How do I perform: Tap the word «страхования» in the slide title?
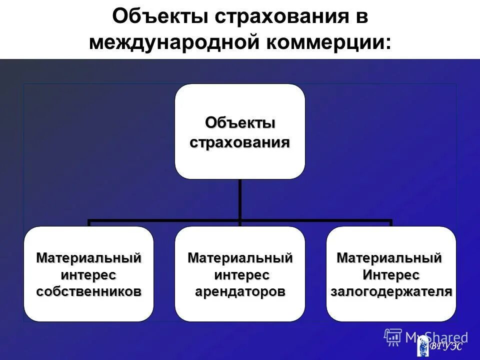click(277, 16)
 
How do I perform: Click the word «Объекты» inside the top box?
click(239, 122)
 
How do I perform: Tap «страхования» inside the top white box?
click(239, 142)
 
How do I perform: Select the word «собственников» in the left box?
click(88, 291)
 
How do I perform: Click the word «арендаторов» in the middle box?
click(240, 291)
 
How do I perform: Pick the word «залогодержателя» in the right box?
click(391, 291)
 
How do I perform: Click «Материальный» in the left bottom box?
click(88, 258)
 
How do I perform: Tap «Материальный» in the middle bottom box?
click(240, 258)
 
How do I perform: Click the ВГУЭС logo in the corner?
click(440, 345)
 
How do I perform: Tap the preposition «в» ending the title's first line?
click(361, 16)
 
